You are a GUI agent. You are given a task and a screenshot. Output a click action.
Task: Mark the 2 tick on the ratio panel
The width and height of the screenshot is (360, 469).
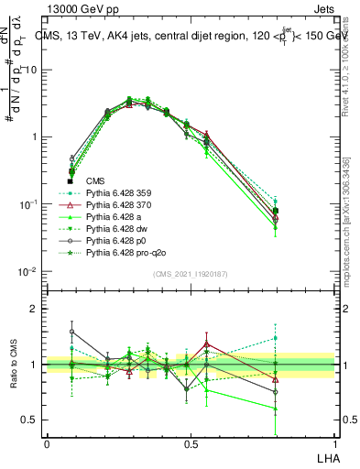pyautogui.click(x=36, y=310)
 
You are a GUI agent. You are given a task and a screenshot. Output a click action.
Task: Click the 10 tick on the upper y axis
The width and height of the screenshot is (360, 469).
pyautogui.click(x=33, y=70)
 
